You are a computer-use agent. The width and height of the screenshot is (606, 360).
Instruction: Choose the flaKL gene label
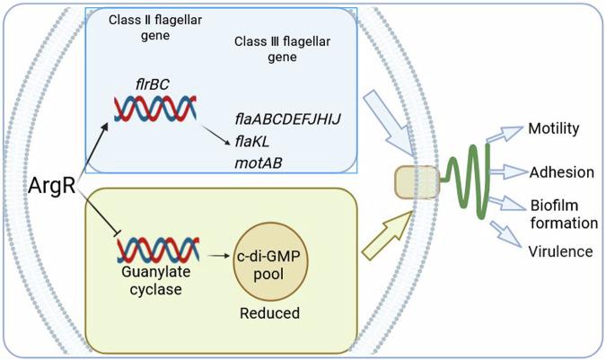pyautogui.click(x=252, y=141)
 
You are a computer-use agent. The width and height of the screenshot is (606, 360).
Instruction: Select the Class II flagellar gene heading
pyautogui.click(x=144, y=26)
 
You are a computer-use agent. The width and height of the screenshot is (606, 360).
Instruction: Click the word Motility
pyautogui.click(x=554, y=128)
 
